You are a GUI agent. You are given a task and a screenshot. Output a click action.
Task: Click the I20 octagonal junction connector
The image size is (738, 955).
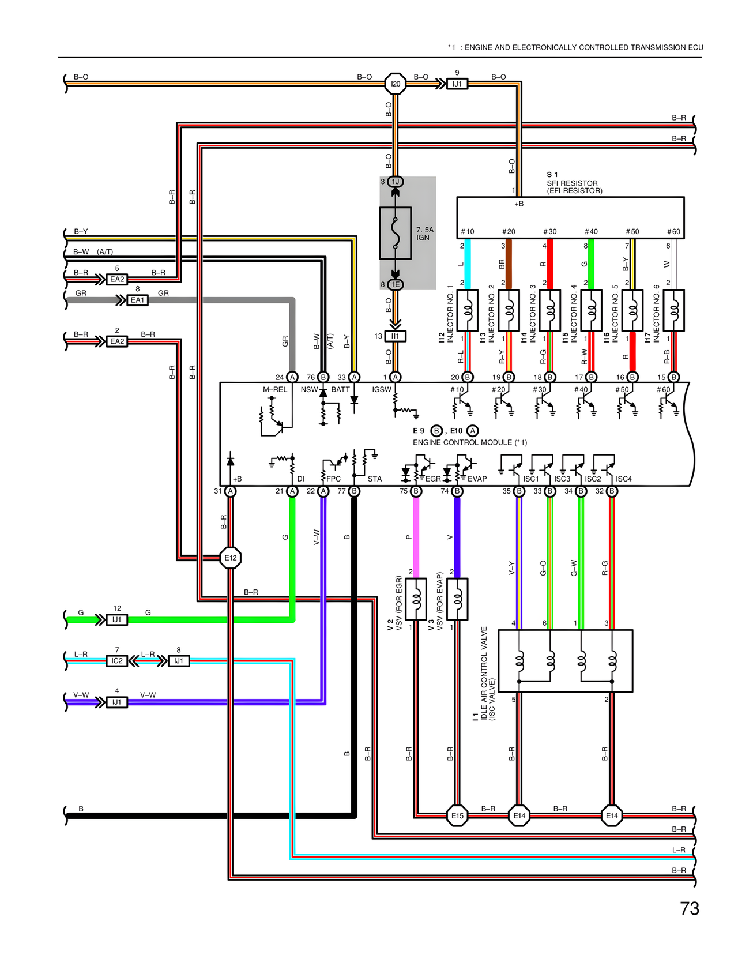pyautogui.click(x=396, y=84)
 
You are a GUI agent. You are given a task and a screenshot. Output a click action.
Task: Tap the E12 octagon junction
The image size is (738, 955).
pyautogui.click(x=231, y=558)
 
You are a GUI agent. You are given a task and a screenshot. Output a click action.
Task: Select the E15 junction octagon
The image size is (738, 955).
pyautogui.click(x=457, y=815)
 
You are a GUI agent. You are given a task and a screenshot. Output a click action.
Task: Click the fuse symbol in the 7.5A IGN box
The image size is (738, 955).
pyautogui.click(x=395, y=233)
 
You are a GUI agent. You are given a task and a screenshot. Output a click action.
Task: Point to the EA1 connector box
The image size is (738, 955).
pyautogui.click(x=137, y=300)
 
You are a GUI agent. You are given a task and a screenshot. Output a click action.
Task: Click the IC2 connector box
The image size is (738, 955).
pyautogui.click(x=117, y=660)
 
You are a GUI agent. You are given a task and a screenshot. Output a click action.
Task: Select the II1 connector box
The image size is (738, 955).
pyautogui.click(x=396, y=336)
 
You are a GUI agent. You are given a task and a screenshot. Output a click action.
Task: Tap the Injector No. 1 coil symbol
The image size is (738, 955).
pyautogui.click(x=468, y=310)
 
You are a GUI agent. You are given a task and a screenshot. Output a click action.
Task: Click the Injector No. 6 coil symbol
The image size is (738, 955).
pyautogui.click(x=673, y=310)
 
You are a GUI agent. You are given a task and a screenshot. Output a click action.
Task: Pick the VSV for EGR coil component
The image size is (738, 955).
pyautogui.click(x=416, y=599)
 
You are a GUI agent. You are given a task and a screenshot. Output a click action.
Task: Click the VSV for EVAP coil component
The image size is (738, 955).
pyautogui.click(x=457, y=599)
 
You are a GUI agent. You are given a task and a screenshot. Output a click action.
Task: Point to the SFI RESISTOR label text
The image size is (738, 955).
pyautogui.click(x=572, y=183)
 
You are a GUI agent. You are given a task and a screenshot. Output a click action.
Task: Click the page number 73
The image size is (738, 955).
pyautogui.click(x=690, y=908)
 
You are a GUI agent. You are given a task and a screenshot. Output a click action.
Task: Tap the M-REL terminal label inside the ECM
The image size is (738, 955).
pyautogui.click(x=275, y=389)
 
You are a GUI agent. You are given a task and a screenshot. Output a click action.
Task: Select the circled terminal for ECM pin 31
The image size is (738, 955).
pyautogui.click(x=231, y=491)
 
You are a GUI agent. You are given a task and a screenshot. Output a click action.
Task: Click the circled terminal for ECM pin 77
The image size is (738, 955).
pyautogui.click(x=355, y=491)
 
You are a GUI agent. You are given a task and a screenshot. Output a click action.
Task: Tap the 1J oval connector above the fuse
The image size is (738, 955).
pyautogui.click(x=396, y=182)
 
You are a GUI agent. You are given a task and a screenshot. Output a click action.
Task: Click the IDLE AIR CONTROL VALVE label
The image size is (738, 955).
pyautogui.click(x=484, y=669)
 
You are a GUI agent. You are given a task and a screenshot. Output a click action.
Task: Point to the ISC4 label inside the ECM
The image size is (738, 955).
pyautogui.click(x=623, y=479)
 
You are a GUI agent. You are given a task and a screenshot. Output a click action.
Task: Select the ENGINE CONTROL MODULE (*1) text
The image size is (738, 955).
pyautogui.click(x=469, y=442)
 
